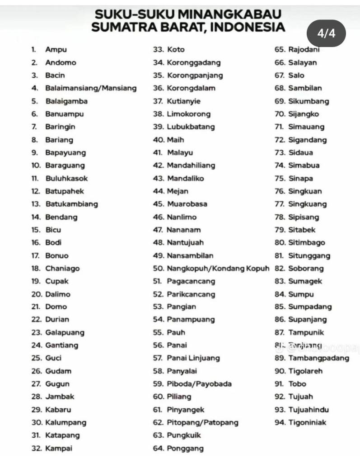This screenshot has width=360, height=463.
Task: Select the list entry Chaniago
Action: [x=62, y=269]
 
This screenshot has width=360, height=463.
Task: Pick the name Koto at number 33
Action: [x=176, y=50]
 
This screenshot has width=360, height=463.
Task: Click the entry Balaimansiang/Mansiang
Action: [x=90, y=88]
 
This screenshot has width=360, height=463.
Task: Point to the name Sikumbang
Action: [x=308, y=101]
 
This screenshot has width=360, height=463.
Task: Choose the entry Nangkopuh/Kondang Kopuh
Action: [x=218, y=269]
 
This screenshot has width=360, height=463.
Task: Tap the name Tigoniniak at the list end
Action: [x=307, y=423]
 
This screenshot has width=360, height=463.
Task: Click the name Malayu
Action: [x=179, y=152]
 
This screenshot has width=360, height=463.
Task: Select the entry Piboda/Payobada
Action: [x=199, y=384]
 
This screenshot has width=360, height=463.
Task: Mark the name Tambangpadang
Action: [x=318, y=358]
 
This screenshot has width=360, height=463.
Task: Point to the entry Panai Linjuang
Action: [x=193, y=358]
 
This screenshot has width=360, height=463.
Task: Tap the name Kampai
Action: [x=58, y=449]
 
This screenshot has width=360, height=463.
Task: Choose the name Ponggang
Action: [x=185, y=449]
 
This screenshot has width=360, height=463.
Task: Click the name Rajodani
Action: [x=307, y=50]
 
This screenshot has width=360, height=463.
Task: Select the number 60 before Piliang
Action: [x=158, y=397]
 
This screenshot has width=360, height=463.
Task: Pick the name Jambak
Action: [x=60, y=397]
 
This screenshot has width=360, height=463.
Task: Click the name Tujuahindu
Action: [x=308, y=410]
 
